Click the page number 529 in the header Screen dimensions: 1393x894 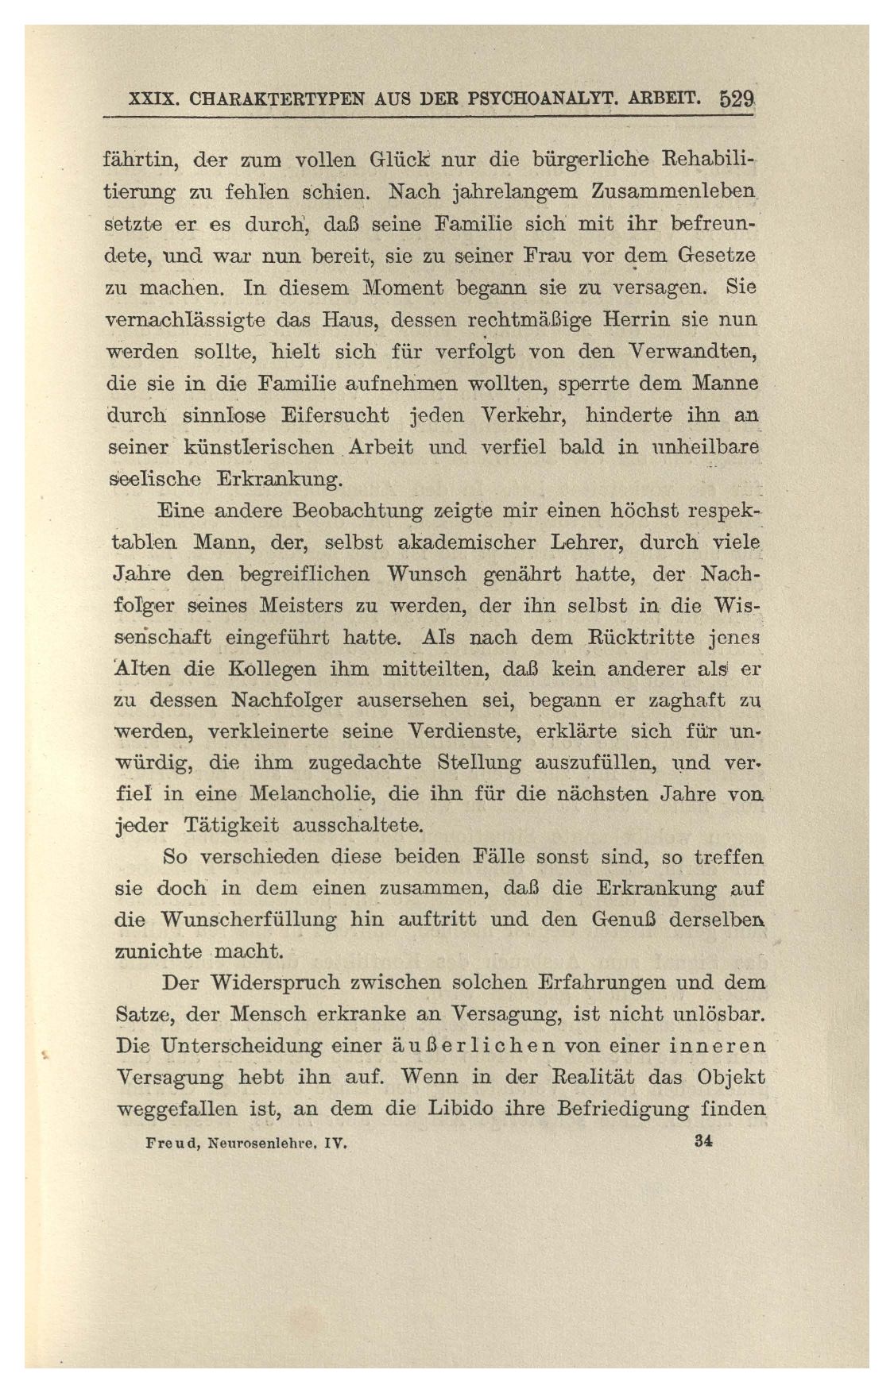737,101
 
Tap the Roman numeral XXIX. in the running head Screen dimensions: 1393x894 157,102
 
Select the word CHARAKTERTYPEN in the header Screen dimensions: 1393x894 270,102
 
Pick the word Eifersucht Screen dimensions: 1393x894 335,415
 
